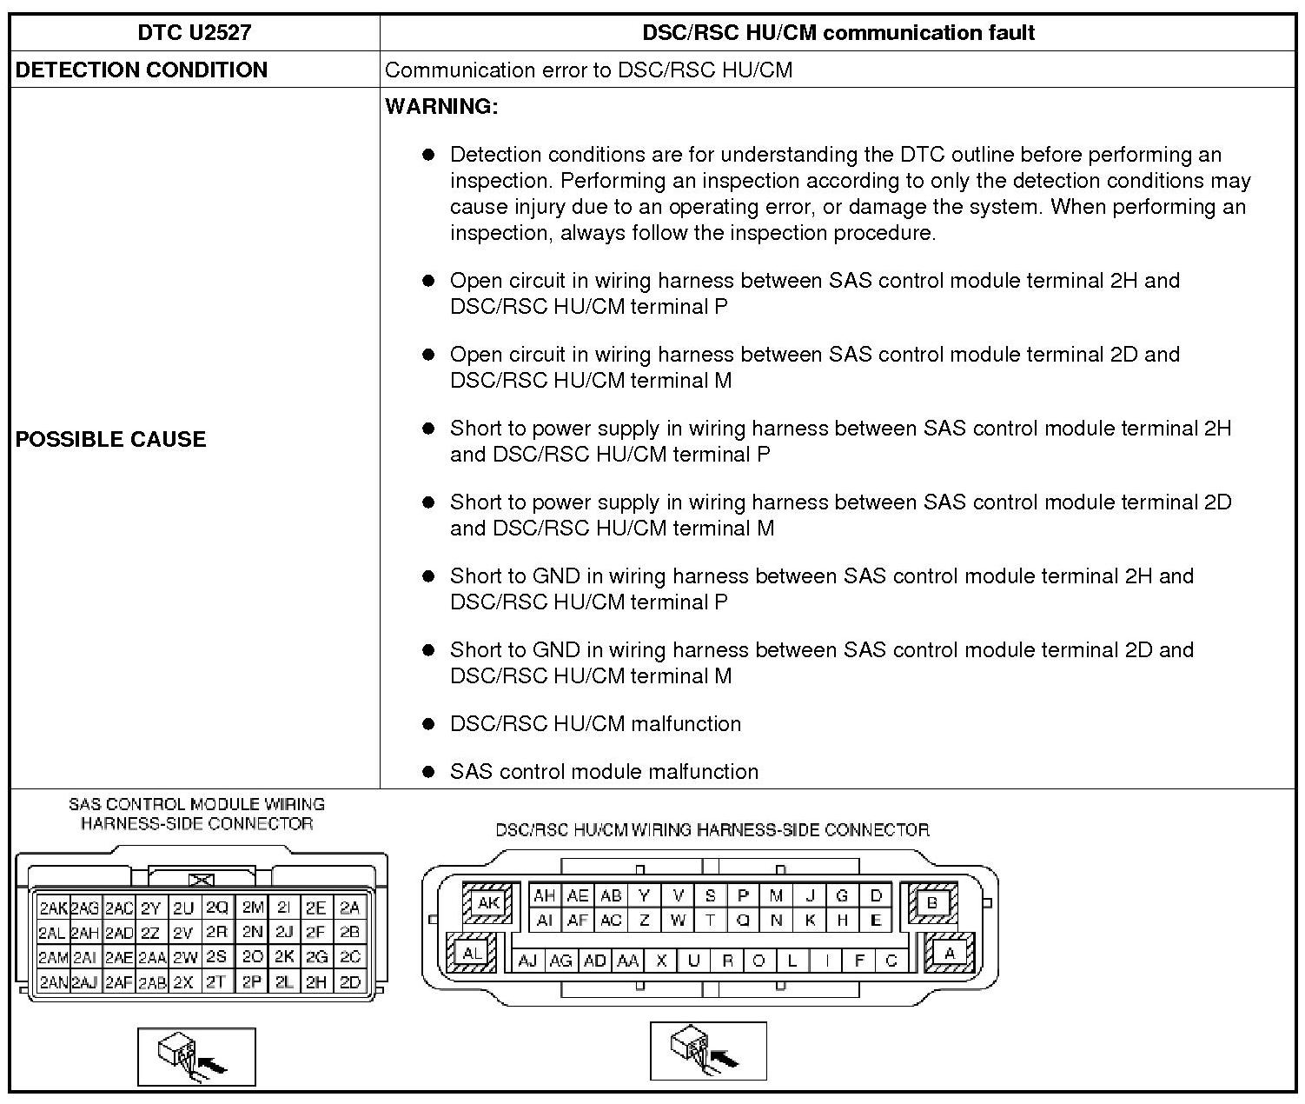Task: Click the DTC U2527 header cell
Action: (x=195, y=33)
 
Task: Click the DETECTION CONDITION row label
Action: (x=142, y=70)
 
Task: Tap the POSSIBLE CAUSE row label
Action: (x=111, y=439)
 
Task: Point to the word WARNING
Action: (x=441, y=107)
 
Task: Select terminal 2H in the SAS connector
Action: (x=316, y=982)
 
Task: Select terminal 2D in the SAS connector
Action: (x=350, y=982)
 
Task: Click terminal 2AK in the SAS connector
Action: (x=53, y=908)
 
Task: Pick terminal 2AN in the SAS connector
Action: (x=53, y=982)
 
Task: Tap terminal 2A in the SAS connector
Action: (x=350, y=908)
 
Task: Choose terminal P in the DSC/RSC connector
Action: (x=743, y=895)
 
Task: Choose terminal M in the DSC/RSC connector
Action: (x=776, y=895)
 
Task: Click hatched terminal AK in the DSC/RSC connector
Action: (x=488, y=902)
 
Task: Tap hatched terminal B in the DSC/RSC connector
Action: (x=932, y=902)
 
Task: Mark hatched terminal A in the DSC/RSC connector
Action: (x=950, y=954)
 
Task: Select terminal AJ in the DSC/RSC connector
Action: (x=527, y=961)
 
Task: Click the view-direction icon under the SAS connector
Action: (x=196, y=1056)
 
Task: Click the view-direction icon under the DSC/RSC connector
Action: (x=708, y=1050)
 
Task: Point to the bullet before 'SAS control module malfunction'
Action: (x=427, y=772)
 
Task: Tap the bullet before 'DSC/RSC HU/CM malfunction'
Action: (x=427, y=724)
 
